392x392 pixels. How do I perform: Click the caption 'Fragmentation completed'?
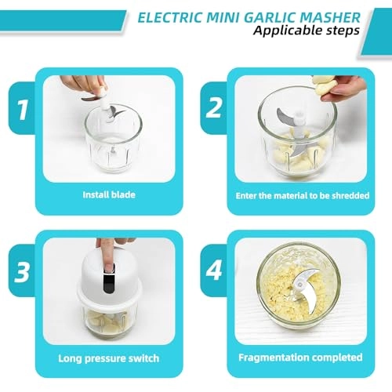pyautogui.click(x=302, y=358)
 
